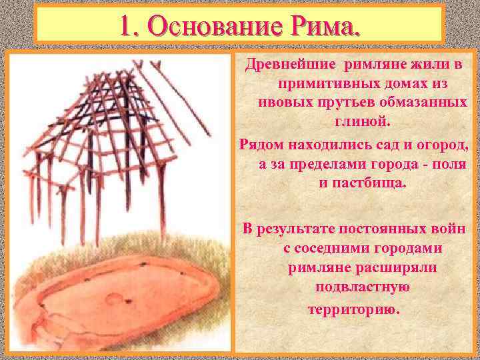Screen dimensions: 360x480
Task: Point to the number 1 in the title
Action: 127,26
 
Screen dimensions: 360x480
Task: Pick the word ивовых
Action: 282,104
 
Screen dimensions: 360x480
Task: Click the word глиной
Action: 357,123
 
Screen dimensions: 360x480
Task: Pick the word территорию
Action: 353,309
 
